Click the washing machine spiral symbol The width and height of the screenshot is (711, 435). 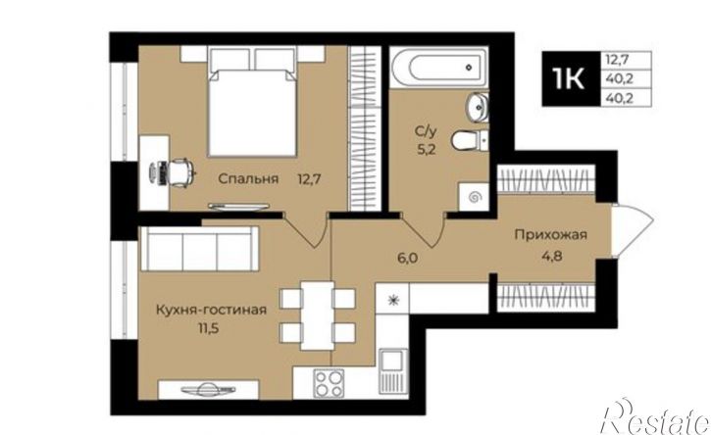coord(474,197)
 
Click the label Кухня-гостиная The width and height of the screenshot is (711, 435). coord(211,312)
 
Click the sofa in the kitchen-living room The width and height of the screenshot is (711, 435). coord(199,249)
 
